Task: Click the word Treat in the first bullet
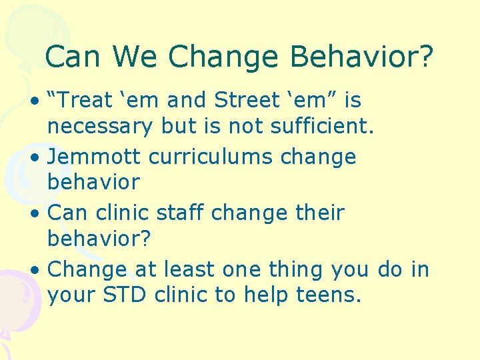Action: [x=84, y=101]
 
